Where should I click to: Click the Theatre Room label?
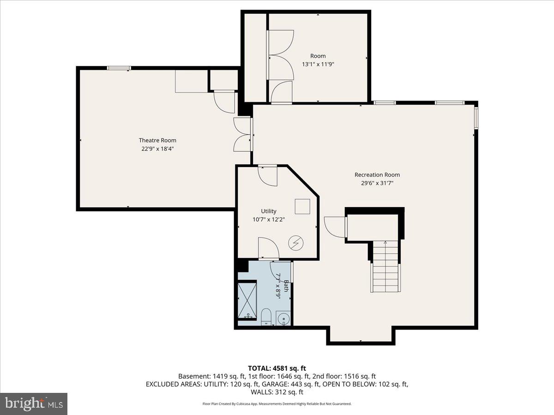(157, 140)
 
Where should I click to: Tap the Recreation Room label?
(377, 175)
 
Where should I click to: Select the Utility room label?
(268, 211)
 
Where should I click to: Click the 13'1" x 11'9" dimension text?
(318, 65)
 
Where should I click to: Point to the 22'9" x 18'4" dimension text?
(157, 148)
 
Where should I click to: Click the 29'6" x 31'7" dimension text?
(377, 183)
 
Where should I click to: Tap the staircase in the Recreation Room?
(385, 267)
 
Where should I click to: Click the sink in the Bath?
(283, 318)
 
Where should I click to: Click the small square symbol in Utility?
(302, 206)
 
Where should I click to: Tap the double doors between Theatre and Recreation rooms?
(243, 134)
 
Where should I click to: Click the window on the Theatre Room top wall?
(119, 68)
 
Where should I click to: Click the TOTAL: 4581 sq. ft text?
(277, 368)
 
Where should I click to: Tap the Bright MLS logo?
(34, 404)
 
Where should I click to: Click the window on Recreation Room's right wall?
(476, 117)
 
